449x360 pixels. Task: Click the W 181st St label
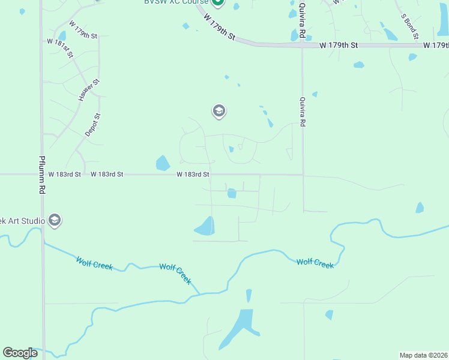coord(60,48)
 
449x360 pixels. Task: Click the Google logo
coord(20,353)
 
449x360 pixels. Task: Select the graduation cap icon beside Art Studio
coord(55,220)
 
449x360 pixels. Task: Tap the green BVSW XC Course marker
coord(218,3)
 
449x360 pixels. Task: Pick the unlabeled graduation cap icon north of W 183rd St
coord(218,111)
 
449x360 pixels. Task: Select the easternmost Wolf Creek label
coord(315,263)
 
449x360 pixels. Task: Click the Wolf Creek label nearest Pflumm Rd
coord(95,263)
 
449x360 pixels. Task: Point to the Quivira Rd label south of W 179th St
coord(303,112)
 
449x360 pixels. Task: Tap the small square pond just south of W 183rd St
coord(232,193)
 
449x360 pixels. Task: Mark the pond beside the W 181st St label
coord(61,35)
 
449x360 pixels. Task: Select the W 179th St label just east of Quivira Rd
coord(339,46)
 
